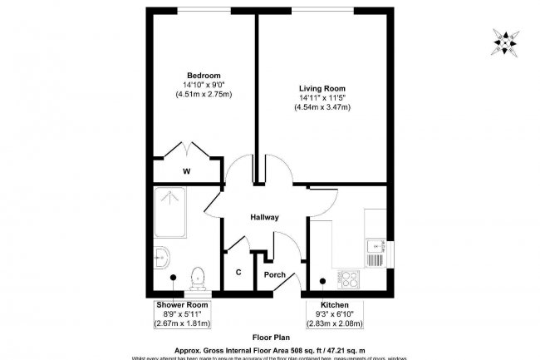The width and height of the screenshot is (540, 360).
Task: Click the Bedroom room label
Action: point(203,76)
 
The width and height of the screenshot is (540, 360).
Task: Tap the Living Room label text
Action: point(322,88)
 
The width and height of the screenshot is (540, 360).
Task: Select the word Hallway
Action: point(265,218)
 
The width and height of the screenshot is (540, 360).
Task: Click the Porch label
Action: point(274,275)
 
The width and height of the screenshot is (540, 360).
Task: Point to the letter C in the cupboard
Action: point(238,273)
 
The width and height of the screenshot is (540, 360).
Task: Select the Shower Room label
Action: point(182,305)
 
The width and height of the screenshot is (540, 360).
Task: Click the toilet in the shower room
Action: point(198,278)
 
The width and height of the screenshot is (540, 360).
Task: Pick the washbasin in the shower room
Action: point(160,258)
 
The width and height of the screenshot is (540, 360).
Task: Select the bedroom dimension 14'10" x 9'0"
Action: point(203,85)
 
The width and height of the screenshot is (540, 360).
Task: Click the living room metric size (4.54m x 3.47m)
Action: point(322,108)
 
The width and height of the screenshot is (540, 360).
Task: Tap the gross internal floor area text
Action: point(270,350)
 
